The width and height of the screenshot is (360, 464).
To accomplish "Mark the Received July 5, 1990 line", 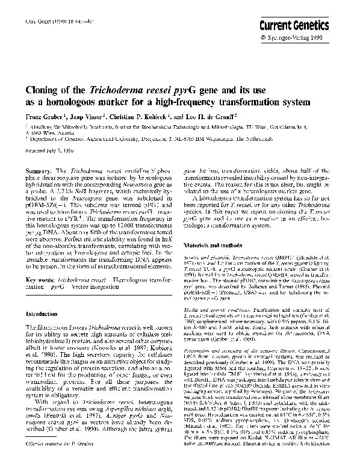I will (46, 152).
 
